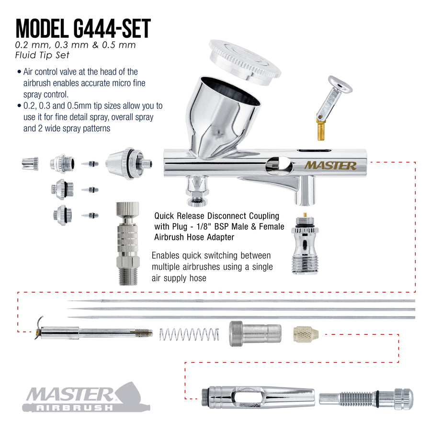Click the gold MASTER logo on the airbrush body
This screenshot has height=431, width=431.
tap(330, 165)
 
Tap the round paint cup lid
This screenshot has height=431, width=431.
tap(245, 62)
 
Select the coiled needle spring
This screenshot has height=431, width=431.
tap(189, 335)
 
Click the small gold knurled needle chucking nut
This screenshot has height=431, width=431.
tap(306, 334)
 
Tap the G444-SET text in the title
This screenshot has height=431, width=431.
tap(112, 29)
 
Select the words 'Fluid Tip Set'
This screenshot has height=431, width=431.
tap(42, 55)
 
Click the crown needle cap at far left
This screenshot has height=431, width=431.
tap(30, 164)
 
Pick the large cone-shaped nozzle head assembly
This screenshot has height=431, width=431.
tap(129, 164)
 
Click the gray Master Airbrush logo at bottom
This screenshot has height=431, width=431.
tap(86, 397)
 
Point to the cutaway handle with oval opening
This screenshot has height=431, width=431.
tap(258, 397)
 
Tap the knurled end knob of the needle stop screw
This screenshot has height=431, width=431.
tap(403, 399)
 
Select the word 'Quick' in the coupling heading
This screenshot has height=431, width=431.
tap(164, 216)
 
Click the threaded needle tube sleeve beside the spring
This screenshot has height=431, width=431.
tap(255, 334)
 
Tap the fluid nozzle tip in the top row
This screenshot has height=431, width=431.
tap(90, 164)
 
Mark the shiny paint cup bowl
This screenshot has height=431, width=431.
tap(223, 118)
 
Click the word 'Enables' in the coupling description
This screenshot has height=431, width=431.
tap(166, 256)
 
